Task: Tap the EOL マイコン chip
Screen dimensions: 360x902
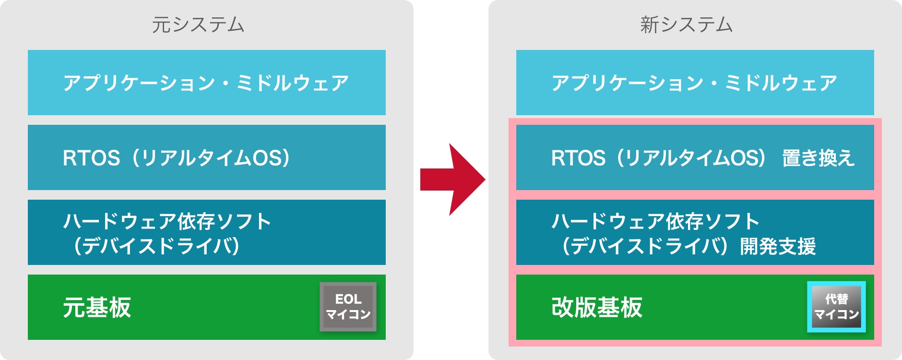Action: pyautogui.click(x=348, y=307)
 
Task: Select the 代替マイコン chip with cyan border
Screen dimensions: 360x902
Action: pyautogui.click(x=836, y=307)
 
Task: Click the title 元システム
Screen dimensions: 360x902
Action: pyautogui.click(x=198, y=25)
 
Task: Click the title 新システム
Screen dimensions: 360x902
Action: pyautogui.click(x=687, y=25)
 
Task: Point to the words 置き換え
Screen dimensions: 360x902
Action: pyautogui.click(x=818, y=158)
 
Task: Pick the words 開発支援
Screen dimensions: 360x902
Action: pyautogui.click(x=778, y=246)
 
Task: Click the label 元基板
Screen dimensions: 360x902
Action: pyautogui.click(x=97, y=307)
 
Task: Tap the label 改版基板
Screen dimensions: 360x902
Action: pyautogui.click(x=597, y=307)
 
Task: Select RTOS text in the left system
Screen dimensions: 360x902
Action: pyautogui.click(x=91, y=158)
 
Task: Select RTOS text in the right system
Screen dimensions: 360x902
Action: pyautogui.click(x=579, y=158)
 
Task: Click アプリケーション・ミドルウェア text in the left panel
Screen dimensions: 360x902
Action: pyautogui.click(x=206, y=83)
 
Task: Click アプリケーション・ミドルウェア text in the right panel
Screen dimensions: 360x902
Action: pyautogui.click(x=694, y=83)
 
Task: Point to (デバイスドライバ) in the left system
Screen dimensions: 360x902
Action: pyautogui.click(x=156, y=246)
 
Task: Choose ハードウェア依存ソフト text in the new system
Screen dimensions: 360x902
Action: pyautogui.click(x=655, y=221)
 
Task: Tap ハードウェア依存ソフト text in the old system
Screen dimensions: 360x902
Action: pyautogui.click(x=167, y=221)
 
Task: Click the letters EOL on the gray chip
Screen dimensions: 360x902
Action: pyautogui.click(x=348, y=299)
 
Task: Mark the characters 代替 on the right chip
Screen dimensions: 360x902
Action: pyautogui.click(x=836, y=299)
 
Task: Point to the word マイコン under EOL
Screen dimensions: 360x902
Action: pyautogui.click(x=348, y=314)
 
